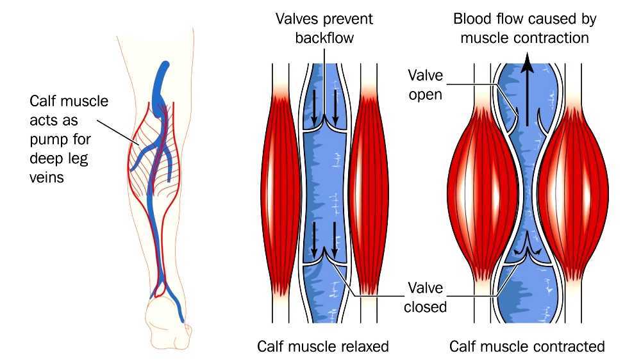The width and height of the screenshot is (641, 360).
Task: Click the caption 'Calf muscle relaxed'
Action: [322, 347]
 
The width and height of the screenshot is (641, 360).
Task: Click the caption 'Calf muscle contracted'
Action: [527, 347]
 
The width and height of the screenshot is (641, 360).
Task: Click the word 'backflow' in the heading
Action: [324, 38]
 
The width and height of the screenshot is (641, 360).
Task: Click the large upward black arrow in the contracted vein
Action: [527, 90]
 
